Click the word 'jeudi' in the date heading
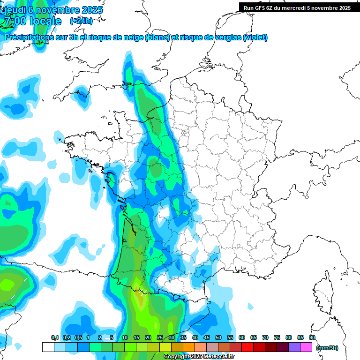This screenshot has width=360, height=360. tap(15, 10)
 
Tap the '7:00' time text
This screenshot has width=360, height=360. tap(15, 21)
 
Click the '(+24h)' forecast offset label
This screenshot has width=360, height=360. tap(81, 21)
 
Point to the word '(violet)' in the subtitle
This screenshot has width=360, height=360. tap(255, 37)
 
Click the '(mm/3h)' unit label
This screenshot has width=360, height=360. tap(327, 347)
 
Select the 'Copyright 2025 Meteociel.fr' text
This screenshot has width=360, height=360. tap(199, 357)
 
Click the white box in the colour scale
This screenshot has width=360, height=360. tap(48, 347)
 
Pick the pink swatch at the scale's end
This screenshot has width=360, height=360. tap(307, 347)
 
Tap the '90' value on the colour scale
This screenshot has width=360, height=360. tap(312, 337)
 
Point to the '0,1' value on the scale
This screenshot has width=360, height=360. tap(54, 337)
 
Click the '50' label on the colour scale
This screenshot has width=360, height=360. tap(218, 337)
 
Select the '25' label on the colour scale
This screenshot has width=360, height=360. tap(160, 337)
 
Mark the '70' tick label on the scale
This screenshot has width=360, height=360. tap(265, 337)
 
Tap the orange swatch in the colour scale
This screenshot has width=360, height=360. tap(189, 347)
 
